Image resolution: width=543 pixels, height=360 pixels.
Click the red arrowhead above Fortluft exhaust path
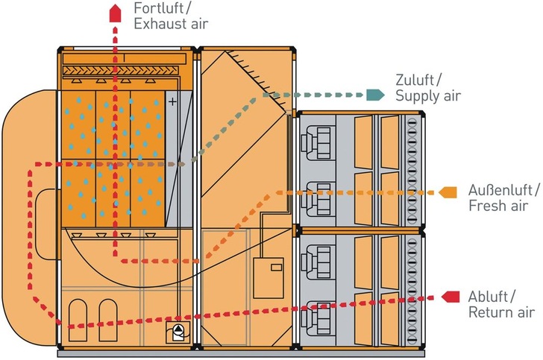(114, 13)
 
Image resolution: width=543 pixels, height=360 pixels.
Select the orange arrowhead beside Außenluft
(448, 192)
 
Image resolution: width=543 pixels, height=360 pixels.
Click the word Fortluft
(160, 9)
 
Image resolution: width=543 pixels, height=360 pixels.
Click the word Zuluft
(418, 80)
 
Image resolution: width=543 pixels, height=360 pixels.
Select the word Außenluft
(500, 189)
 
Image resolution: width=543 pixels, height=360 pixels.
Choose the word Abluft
(491, 297)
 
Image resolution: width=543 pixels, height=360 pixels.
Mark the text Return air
(498, 312)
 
